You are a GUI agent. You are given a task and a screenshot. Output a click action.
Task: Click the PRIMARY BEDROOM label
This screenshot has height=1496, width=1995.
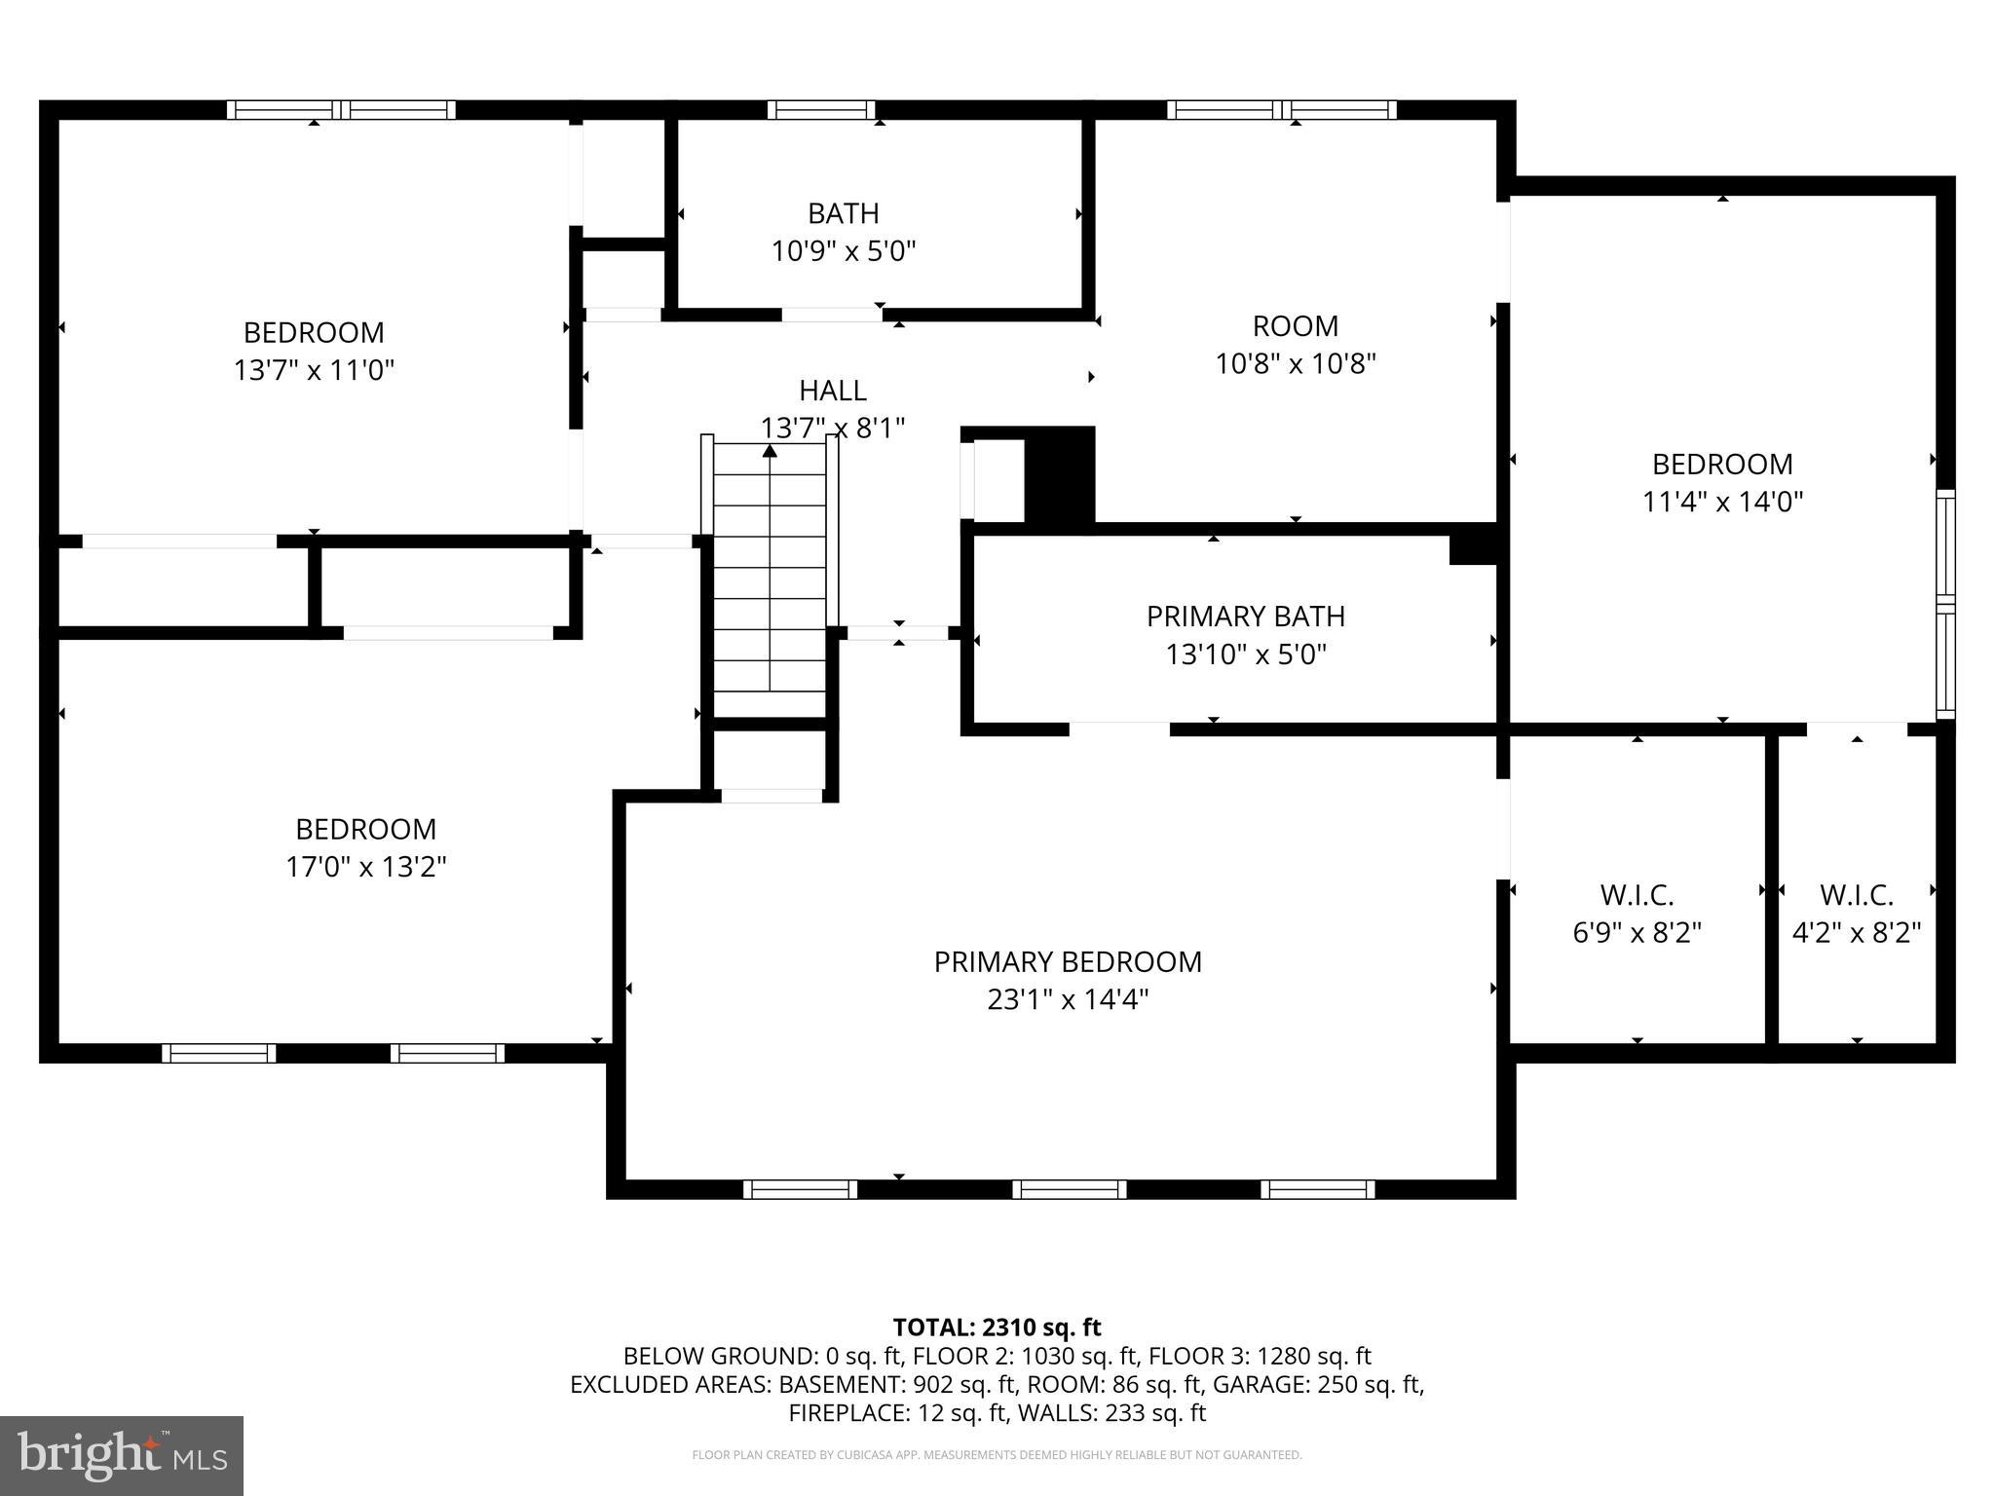pyautogui.click(x=1068, y=961)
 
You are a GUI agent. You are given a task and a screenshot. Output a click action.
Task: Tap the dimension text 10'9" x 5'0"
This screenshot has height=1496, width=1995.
pyautogui.click(x=844, y=251)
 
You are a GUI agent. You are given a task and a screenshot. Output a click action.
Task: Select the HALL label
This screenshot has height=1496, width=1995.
pyautogui.click(x=832, y=391)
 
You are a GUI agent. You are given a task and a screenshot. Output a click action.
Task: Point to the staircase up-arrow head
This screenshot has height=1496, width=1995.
pyautogui.click(x=770, y=451)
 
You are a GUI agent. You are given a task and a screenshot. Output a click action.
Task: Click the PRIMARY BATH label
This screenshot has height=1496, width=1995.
pyautogui.click(x=1245, y=617)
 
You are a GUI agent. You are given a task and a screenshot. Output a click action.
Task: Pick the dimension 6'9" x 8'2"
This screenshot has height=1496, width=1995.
pyautogui.click(x=1637, y=932)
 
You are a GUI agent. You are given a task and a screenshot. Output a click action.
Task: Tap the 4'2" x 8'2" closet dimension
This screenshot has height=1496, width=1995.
pyautogui.click(x=1856, y=932)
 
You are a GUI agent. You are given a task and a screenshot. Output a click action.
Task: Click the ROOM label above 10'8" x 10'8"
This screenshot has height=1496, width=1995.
pyautogui.click(x=1295, y=325)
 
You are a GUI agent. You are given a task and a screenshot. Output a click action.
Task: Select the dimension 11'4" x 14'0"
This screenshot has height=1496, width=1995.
pyautogui.click(x=1721, y=502)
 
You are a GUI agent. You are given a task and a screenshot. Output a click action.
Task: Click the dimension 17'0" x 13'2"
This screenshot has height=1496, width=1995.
pyautogui.click(x=365, y=866)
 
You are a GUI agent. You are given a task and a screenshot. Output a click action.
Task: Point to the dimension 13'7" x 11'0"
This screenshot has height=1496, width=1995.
pyautogui.click(x=314, y=370)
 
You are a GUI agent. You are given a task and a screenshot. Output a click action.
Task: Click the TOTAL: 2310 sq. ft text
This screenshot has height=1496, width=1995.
pyautogui.click(x=997, y=1328)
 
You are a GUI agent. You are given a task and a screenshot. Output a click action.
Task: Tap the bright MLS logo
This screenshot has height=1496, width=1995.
pyautogui.click(x=122, y=1455)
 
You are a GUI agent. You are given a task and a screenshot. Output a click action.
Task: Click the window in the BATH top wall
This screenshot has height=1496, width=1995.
pyautogui.click(x=820, y=110)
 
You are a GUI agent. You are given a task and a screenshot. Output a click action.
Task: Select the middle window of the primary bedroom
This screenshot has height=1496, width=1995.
pyautogui.click(x=1069, y=1188)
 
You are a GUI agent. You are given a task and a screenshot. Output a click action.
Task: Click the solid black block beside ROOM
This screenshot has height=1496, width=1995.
pyautogui.click(x=1060, y=476)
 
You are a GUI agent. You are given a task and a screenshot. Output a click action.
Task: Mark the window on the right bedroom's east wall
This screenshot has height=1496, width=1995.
pyautogui.click(x=1944, y=604)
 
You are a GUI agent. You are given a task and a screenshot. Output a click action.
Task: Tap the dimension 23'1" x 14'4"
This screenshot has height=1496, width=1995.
pyautogui.click(x=1068, y=999)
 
